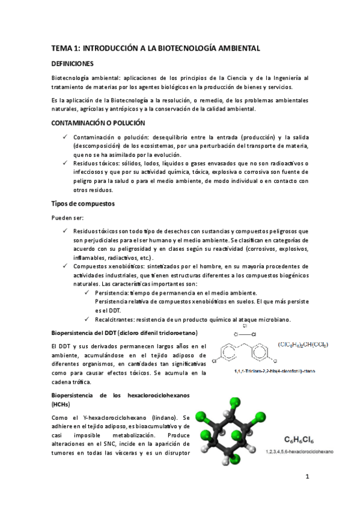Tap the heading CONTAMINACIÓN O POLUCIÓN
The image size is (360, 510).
tap(98, 123)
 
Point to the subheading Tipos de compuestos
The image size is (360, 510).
tap(82, 203)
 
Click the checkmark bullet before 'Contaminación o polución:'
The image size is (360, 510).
tap(65, 138)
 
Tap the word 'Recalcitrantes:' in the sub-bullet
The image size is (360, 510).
tap(116, 319)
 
